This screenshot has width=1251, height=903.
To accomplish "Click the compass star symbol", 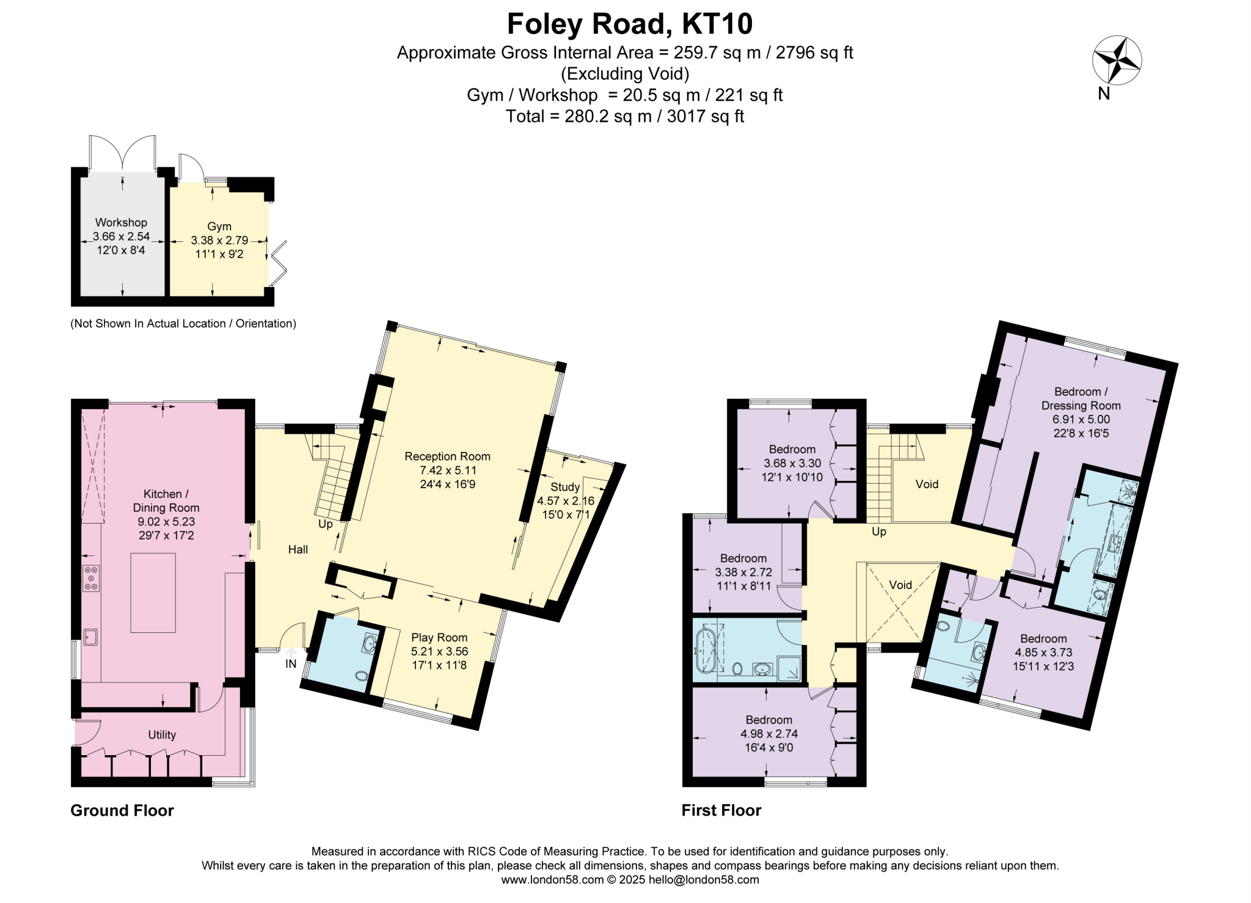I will click(x=1117, y=60).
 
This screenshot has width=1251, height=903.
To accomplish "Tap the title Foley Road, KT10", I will click(x=629, y=24).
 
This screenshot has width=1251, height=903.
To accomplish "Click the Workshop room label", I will click(x=121, y=222).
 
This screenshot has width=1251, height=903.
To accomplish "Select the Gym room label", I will click(x=219, y=227).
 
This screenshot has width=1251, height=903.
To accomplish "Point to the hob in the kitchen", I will click(x=92, y=578).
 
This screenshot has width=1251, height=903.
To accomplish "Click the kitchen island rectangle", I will click(x=153, y=593).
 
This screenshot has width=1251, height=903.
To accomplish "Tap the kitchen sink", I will click(x=90, y=637).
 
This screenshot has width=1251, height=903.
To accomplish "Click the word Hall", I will click(x=298, y=549).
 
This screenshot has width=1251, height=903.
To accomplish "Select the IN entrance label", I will click(x=291, y=664).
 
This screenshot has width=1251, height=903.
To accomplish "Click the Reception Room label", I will click(x=447, y=456).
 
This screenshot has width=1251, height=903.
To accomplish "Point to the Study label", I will click(x=565, y=487).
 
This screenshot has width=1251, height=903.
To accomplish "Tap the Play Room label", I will click(x=439, y=637).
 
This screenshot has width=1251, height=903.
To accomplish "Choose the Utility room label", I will click(x=162, y=735).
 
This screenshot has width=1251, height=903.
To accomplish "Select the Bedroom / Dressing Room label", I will click(x=1081, y=398).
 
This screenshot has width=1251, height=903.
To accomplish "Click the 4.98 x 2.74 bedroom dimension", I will click(x=768, y=734).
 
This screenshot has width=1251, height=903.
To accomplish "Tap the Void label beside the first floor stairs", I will click(x=927, y=484).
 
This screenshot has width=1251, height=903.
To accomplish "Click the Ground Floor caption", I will click(x=122, y=810).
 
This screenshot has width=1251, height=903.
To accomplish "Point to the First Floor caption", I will click(x=721, y=810).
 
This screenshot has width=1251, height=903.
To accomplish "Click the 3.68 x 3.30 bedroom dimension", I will click(x=792, y=464).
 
